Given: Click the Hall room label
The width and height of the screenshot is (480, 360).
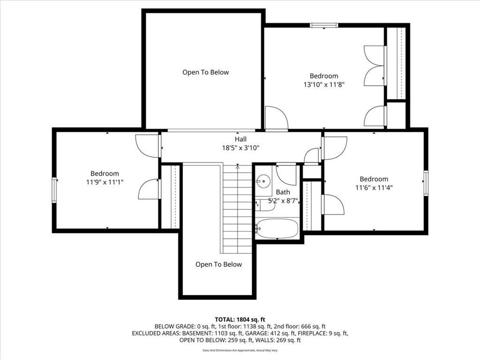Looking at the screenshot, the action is click(240, 139).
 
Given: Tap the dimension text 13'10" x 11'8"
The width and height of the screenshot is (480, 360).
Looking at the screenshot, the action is click(324, 84).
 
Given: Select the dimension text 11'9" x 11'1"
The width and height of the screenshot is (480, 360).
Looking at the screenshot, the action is click(105, 182).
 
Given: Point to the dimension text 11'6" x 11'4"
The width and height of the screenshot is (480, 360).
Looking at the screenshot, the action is click(374, 187).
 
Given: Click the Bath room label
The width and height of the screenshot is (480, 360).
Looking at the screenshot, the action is click(283, 192).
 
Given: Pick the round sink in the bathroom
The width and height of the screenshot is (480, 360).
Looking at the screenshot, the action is click(262, 181).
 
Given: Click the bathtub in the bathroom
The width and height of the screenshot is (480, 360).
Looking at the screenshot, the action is click(277, 228).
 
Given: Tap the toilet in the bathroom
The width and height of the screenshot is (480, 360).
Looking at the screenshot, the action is click(265, 205).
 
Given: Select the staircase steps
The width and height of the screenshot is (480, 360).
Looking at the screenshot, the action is click(237, 210).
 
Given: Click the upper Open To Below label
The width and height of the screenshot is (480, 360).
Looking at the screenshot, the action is click(206, 72).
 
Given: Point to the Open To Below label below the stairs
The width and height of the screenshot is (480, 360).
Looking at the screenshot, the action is click(218, 264).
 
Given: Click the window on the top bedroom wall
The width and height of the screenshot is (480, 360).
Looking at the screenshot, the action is click(324, 25).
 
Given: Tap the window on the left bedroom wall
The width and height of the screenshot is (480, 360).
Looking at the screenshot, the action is click(54, 190).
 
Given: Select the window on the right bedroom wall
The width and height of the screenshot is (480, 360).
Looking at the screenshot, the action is click(426, 183).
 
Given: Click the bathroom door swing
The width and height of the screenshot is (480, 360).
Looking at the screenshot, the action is click(286, 175).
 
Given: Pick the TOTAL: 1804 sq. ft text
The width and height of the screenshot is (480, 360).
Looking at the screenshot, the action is click(240, 320).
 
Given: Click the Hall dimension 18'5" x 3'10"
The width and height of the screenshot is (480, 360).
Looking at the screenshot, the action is click(240, 148).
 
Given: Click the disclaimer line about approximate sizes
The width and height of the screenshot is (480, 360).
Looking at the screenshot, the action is click(240, 350).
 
